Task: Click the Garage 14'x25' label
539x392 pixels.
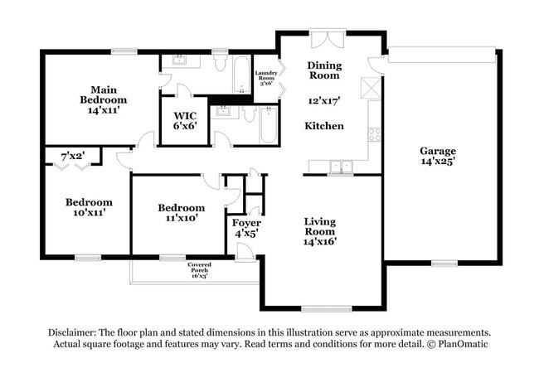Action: (x=437, y=157)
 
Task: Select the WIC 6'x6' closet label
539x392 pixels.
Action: (x=184, y=121)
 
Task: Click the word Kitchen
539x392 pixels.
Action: (x=324, y=126)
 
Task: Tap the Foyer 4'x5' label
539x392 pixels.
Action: (x=246, y=229)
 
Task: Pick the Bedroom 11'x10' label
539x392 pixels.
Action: (x=181, y=213)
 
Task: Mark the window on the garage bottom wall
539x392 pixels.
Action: (x=444, y=264)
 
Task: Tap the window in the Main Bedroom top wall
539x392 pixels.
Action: (x=124, y=51)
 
